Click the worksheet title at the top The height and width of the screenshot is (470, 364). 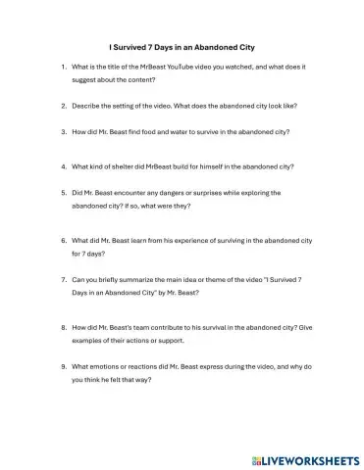coord(182,45)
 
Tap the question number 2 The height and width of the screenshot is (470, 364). coord(63,104)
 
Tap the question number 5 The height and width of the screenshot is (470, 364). coord(63,193)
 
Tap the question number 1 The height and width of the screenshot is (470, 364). coord(63,67)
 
